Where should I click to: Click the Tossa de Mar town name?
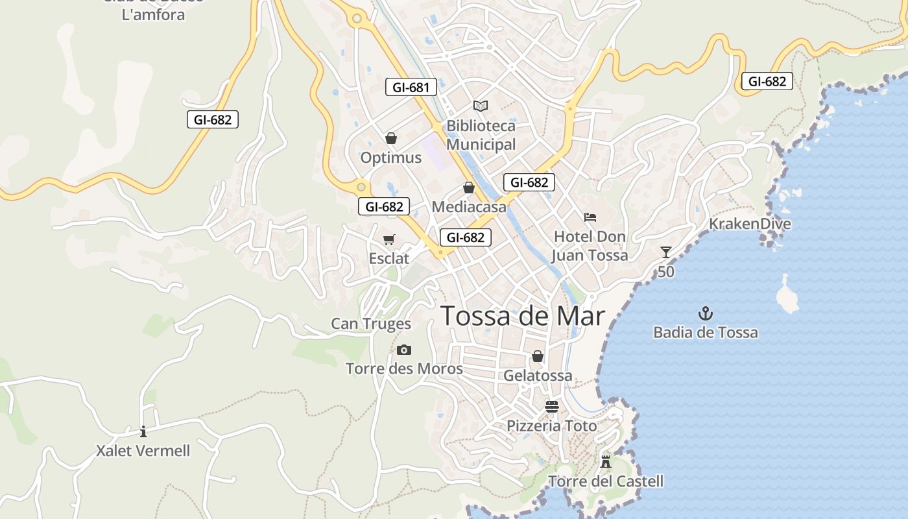coord(523,316)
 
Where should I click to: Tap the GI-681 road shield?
coord(411,87)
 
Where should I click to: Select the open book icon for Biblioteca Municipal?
coord(480,106)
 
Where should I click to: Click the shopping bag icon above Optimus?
coord(390,138)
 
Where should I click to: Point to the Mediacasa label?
coord(468,207)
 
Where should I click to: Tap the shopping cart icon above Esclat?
coord(389,240)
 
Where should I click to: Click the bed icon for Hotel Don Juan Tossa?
coord(590,217)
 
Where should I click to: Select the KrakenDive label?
coord(750,224)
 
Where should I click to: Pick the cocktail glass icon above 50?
coord(665,252)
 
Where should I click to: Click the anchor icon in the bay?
coord(705,314)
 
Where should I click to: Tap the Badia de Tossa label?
coord(705,333)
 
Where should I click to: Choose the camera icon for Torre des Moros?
coord(403,350)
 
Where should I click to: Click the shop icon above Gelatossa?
coord(537,356)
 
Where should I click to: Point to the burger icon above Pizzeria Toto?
coord(551,407)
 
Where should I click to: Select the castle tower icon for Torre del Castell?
coord(606,462)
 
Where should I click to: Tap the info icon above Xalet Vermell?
coord(143,431)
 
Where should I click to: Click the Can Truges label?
coord(371,324)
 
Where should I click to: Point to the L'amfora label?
coord(153,14)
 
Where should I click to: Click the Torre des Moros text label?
coord(404,369)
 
